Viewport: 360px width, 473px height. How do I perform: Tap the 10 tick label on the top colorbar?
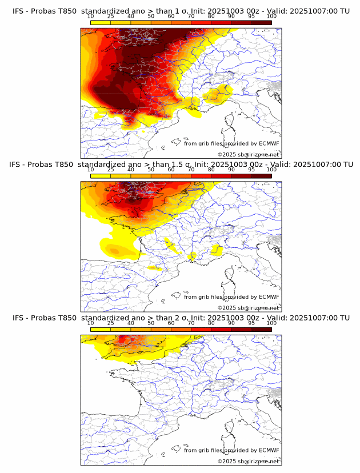pyautogui.click(x=91, y=16)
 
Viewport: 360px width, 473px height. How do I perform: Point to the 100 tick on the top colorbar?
pyautogui.click(x=271, y=16)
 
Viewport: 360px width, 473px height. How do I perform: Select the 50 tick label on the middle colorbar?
pyautogui.click(x=151, y=170)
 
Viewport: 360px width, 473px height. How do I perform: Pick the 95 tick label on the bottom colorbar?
pyautogui.click(x=251, y=323)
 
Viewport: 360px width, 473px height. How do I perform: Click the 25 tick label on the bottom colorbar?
pyautogui.click(x=111, y=323)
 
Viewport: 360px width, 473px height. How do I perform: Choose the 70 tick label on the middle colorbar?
pyautogui.click(x=191, y=170)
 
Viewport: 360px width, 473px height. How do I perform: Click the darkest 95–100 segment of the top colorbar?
pyautogui.click(x=261, y=22)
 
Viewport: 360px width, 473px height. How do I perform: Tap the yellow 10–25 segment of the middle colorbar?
pyautogui.click(x=101, y=176)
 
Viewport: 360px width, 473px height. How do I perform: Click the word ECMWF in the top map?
pyautogui.click(x=269, y=143)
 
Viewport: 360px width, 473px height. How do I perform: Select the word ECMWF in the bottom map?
pyautogui.click(x=269, y=450)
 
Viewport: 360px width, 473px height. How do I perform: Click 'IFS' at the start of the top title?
pyautogui.click(x=18, y=11)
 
